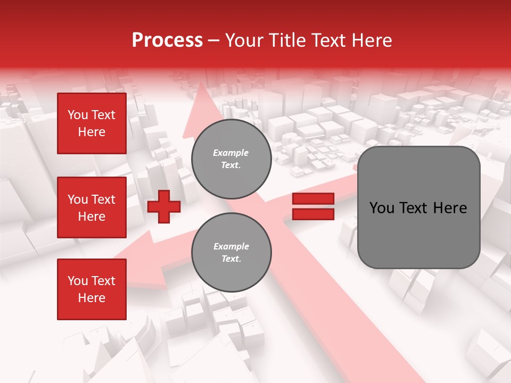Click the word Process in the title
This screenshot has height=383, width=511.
coord(167,40)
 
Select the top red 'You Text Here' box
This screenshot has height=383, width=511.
coord(92,123)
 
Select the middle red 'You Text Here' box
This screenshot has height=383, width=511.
coord(92,207)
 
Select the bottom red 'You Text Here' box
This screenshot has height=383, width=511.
coord(92,289)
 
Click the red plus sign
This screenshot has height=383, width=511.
coord(163,206)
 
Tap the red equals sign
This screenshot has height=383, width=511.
coord(314,206)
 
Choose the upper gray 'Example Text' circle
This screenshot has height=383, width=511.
coord(231,159)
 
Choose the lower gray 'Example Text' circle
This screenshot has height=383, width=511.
coord(231,252)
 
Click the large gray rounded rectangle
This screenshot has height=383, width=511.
coord(418,207)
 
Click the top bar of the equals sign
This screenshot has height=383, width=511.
coord(314,199)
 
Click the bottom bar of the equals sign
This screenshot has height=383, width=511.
coord(314,214)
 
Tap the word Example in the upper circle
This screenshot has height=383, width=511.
coord(231,153)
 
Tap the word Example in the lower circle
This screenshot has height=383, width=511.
coord(231,246)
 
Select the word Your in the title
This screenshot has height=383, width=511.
coord(244,40)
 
